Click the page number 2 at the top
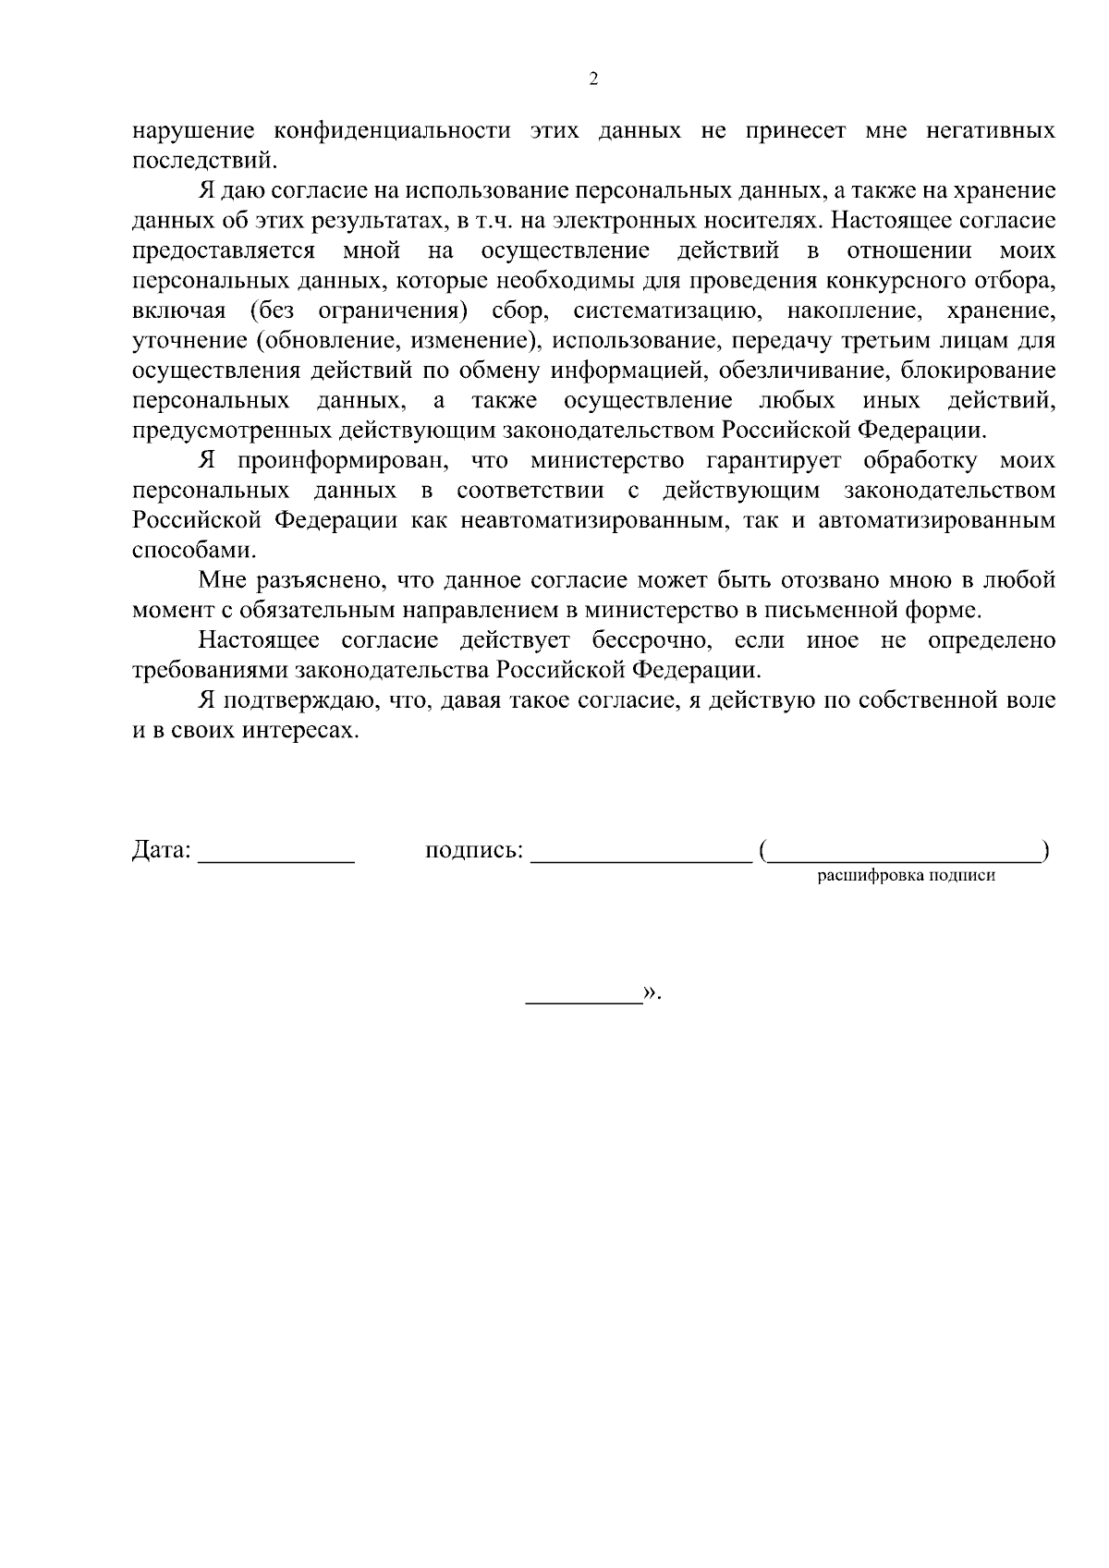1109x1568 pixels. (593, 79)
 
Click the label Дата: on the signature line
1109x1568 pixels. (162, 850)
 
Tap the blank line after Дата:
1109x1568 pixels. (276, 859)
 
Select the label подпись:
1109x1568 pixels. (474, 850)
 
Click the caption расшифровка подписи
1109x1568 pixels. (906, 877)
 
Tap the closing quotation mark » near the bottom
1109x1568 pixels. (651, 992)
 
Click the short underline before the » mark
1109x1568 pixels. (583, 1001)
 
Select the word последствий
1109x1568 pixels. (203, 161)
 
